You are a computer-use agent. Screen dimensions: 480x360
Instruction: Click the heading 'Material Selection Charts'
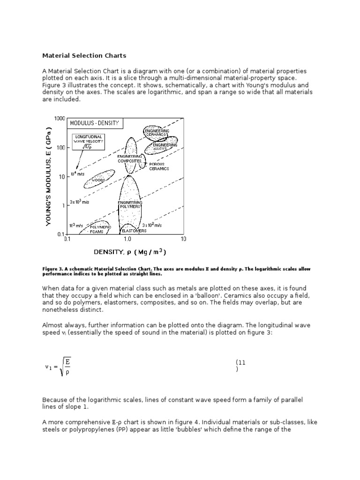(x=84, y=56)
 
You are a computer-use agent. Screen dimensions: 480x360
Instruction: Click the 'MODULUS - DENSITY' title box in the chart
(x=95, y=124)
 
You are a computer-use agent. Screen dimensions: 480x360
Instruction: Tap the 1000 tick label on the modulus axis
(x=59, y=119)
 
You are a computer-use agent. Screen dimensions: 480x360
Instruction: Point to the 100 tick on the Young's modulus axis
(x=61, y=148)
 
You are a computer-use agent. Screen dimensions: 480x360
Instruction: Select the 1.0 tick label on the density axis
(x=127, y=239)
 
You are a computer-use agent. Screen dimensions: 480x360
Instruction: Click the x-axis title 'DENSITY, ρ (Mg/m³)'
(x=129, y=252)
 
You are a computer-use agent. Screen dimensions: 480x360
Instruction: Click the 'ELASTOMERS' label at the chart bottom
(x=134, y=231)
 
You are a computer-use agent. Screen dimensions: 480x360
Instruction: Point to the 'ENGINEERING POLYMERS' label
(x=129, y=204)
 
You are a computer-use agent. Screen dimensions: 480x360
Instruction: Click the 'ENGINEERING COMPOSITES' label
(x=129, y=158)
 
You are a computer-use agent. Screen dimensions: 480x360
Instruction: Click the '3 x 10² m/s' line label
(x=152, y=225)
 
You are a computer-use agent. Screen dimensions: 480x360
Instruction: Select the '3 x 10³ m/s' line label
(x=80, y=202)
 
